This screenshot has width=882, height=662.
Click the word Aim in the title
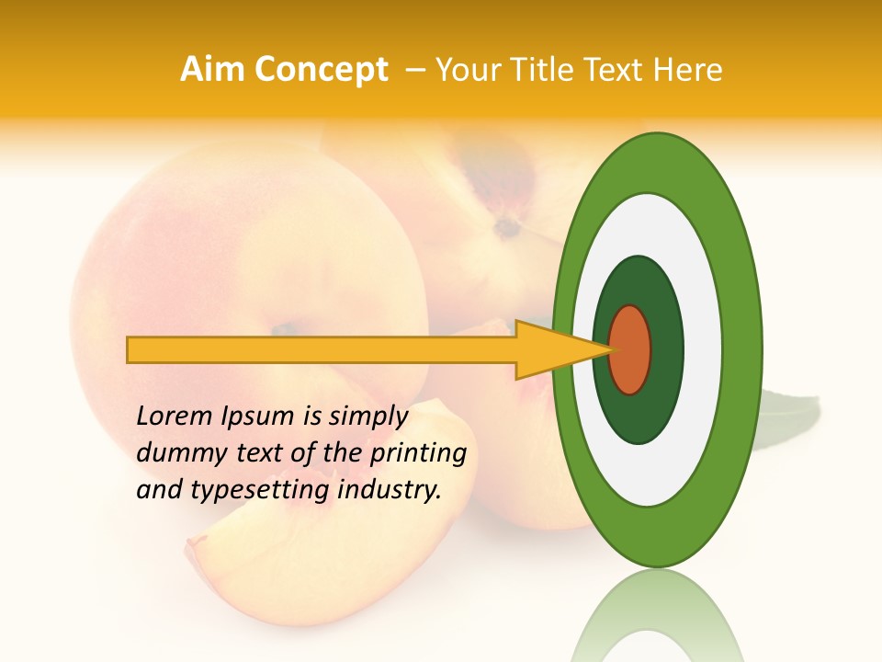click(211, 70)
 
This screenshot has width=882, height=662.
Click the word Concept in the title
click(320, 70)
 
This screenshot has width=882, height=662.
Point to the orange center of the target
click(630, 349)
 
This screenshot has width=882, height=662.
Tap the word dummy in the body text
click(178, 453)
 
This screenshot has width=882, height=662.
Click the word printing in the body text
click(417, 453)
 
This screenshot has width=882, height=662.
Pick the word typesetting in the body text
click(261, 490)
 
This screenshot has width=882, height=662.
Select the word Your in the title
click(464, 70)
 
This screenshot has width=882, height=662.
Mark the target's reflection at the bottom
click(657, 621)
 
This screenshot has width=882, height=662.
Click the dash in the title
click(414, 70)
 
